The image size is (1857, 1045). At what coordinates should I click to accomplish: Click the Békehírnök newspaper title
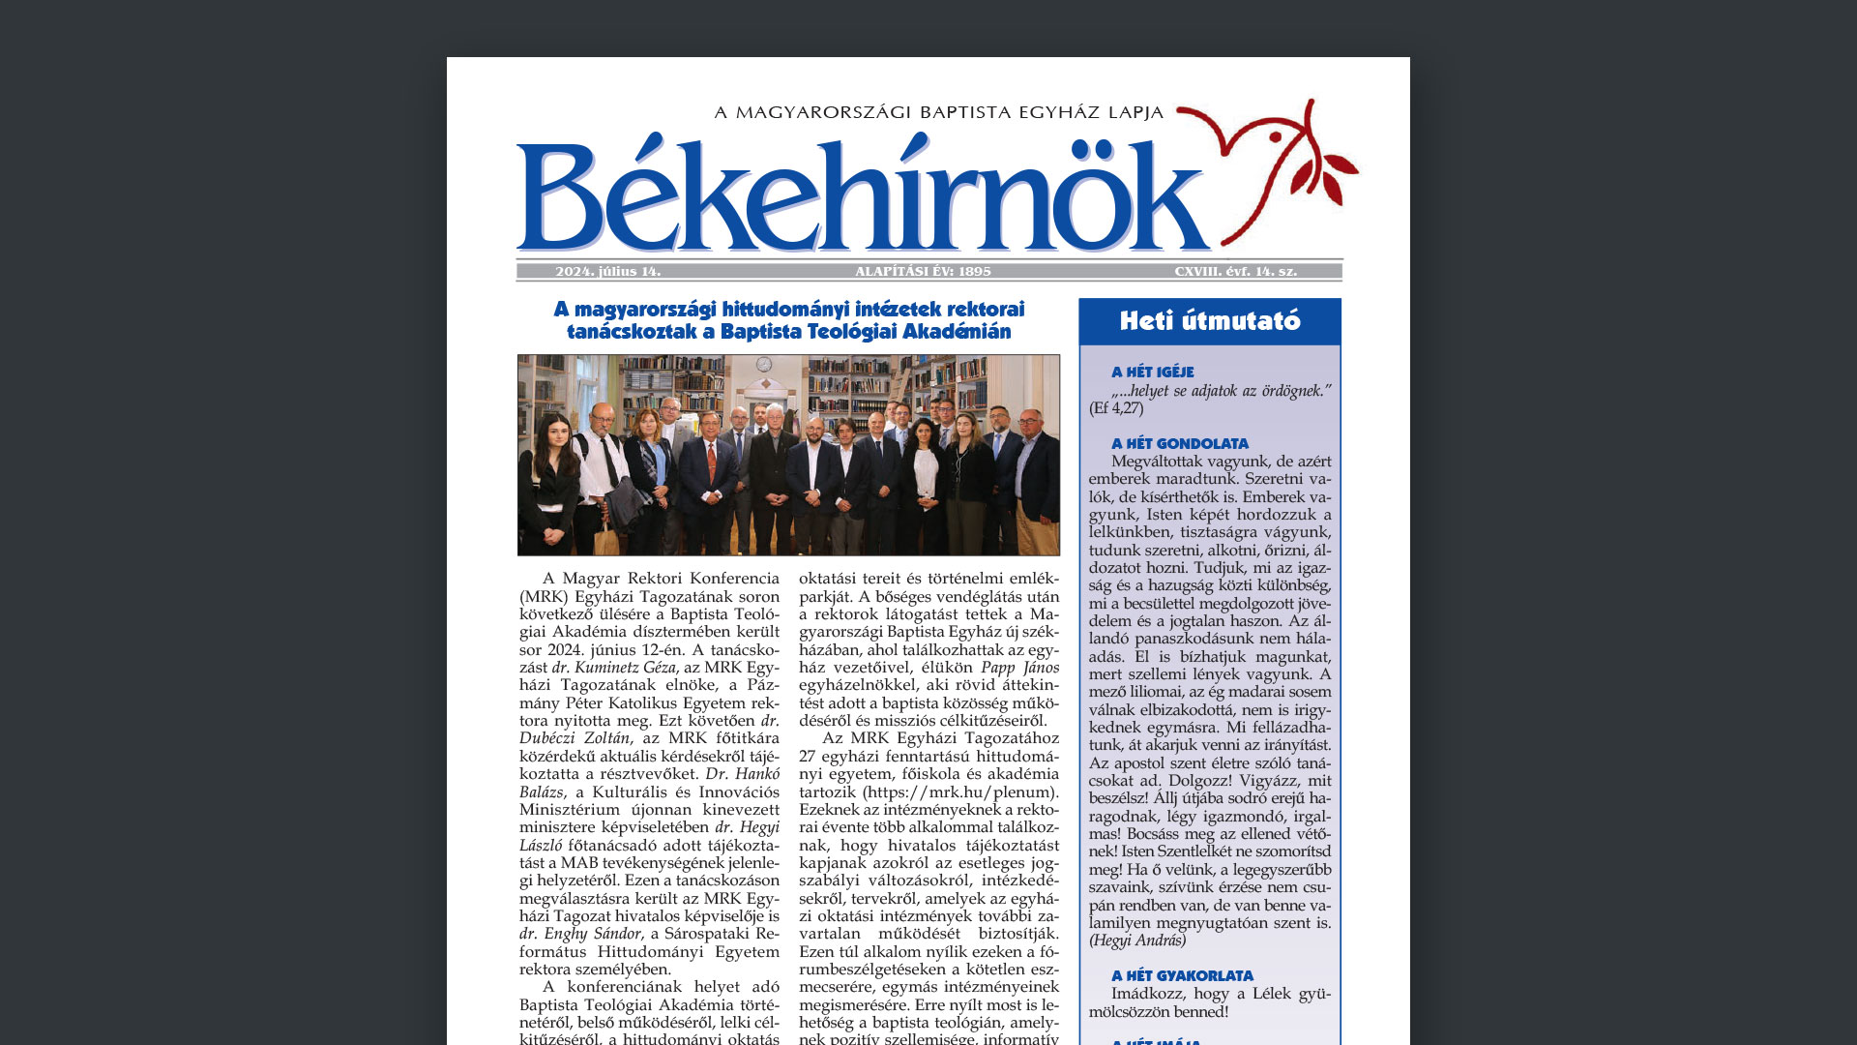click(861, 198)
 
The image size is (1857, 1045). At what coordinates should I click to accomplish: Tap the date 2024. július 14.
click(608, 272)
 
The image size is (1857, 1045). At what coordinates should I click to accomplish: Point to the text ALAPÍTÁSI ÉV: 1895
click(923, 272)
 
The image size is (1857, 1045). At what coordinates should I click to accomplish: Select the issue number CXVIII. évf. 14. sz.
click(1235, 272)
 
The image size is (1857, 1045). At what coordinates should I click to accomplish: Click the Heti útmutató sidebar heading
click(1210, 321)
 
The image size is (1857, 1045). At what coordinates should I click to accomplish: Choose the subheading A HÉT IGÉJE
click(1152, 372)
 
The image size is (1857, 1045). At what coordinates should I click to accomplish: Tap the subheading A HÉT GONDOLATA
click(1179, 443)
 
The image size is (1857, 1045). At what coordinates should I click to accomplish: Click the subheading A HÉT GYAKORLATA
click(1182, 975)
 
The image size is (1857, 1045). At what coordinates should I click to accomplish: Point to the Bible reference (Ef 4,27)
click(1116, 408)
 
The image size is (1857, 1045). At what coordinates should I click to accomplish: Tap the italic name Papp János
click(1019, 668)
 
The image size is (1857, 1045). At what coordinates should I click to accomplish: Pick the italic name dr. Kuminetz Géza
click(614, 668)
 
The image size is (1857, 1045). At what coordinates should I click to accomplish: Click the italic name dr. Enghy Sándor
click(580, 934)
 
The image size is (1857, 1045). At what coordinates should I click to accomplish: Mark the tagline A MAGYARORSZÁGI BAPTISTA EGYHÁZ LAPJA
click(938, 112)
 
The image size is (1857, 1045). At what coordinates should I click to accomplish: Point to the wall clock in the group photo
click(764, 364)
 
